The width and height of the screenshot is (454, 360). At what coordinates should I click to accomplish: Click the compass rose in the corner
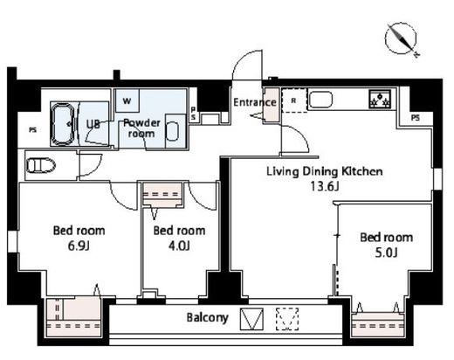point(401,39)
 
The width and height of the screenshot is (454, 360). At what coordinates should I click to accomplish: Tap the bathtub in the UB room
point(63,124)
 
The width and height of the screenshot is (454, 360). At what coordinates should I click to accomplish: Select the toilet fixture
point(41,165)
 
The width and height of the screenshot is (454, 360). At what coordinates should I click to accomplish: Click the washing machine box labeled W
point(127,100)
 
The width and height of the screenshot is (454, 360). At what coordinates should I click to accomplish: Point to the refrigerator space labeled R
point(294,100)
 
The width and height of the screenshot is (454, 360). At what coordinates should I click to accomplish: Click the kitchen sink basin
point(320,100)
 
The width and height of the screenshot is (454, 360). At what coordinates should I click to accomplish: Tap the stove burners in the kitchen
point(380,99)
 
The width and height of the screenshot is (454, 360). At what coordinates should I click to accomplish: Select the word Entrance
point(255,102)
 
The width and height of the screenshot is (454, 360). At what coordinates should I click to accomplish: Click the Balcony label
point(207,317)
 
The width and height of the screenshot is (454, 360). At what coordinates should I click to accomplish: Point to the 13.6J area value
point(325,186)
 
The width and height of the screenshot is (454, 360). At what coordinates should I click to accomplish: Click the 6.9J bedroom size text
point(79,246)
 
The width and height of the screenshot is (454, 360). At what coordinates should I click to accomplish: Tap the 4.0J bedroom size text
point(179,246)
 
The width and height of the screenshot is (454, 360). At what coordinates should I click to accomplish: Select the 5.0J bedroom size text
point(386,253)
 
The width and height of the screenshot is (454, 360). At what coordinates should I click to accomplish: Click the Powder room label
point(141,128)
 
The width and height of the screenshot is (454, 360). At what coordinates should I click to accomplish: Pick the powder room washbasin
point(172,131)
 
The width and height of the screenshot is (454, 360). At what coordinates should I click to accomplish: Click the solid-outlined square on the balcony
point(251,319)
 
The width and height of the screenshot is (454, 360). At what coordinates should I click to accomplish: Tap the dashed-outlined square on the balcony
point(287,319)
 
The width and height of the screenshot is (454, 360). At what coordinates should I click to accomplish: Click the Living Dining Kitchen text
point(325,171)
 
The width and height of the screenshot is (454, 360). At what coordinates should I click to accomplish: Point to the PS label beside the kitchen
point(416,118)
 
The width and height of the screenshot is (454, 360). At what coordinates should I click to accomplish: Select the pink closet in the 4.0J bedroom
point(162,195)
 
